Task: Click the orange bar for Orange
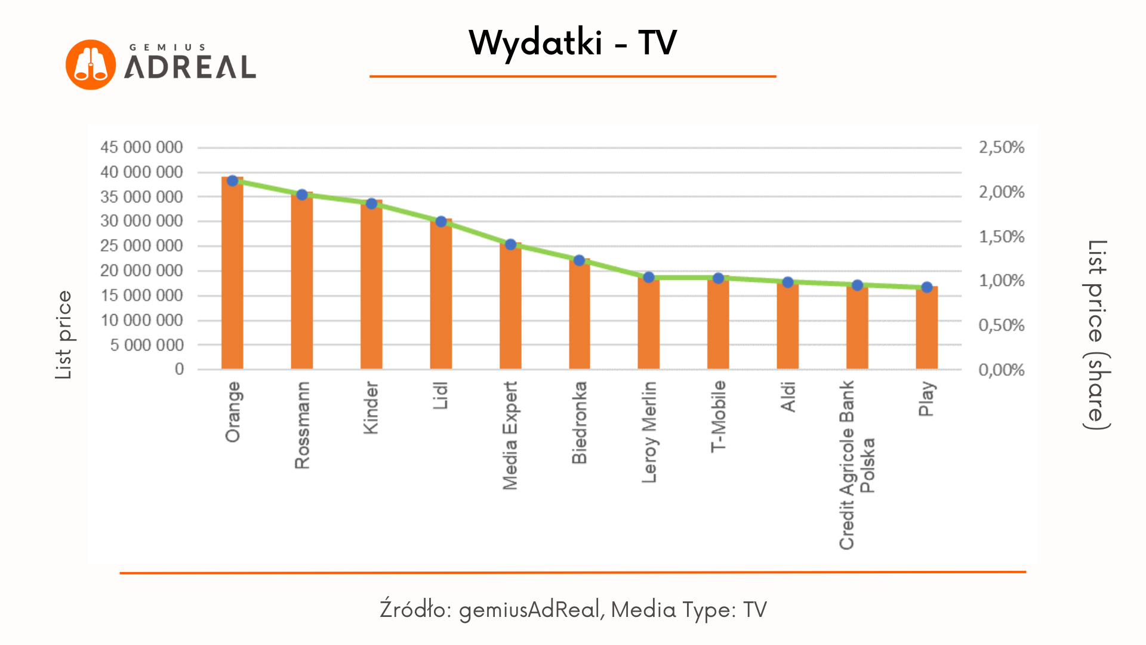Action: (232, 275)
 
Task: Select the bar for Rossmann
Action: (301, 281)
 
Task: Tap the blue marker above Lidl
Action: (441, 222)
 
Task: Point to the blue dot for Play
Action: (927, 287)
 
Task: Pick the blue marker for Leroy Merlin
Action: (649, 277)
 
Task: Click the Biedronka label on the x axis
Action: (580, 423)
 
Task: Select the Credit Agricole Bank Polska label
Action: (857, 465)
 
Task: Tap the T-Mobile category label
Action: (718, 416)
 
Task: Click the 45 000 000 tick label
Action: (141, 148)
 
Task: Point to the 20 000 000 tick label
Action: (141, 271)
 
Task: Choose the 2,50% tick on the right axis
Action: (1001, 148)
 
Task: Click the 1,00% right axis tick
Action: (1001, 281)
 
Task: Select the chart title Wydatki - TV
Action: (572, 43)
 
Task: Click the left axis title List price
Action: (63, 334)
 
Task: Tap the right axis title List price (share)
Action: (1097, 334)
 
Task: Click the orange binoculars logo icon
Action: (91, 64)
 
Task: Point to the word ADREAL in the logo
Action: (190, 67)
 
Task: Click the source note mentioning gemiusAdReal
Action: (572, 609)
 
